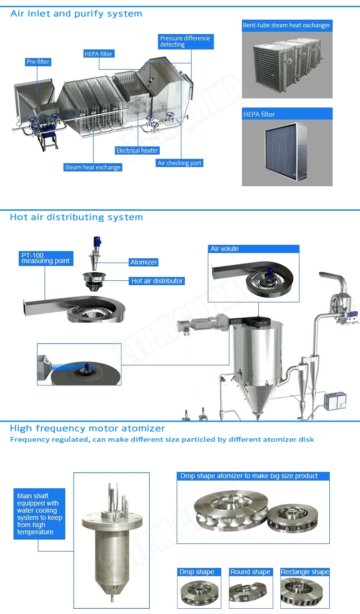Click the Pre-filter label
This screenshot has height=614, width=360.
click(38, 62)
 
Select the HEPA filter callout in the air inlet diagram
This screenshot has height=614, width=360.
click(98, 54)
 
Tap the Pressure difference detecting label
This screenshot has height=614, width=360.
click(185, 41)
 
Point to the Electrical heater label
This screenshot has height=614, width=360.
click(137, 150)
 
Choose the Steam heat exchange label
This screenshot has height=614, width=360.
click(93, 168)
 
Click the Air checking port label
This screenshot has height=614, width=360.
click(180, 163)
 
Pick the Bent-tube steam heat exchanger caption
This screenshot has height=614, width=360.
click(287, 25)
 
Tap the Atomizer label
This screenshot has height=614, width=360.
click(144, 262)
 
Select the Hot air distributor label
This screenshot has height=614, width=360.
click(157, 281)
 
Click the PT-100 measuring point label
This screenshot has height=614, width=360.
click(45, 258)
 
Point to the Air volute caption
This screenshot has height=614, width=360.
click(225, 249)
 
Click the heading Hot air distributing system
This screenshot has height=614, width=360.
click(76, 217)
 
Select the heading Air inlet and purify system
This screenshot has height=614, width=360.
click(76, 13)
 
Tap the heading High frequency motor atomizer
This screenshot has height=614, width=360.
click(87, 428)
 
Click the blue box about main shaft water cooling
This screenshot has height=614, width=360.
click(39, 514)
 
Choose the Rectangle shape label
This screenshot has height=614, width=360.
click(305, 572)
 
